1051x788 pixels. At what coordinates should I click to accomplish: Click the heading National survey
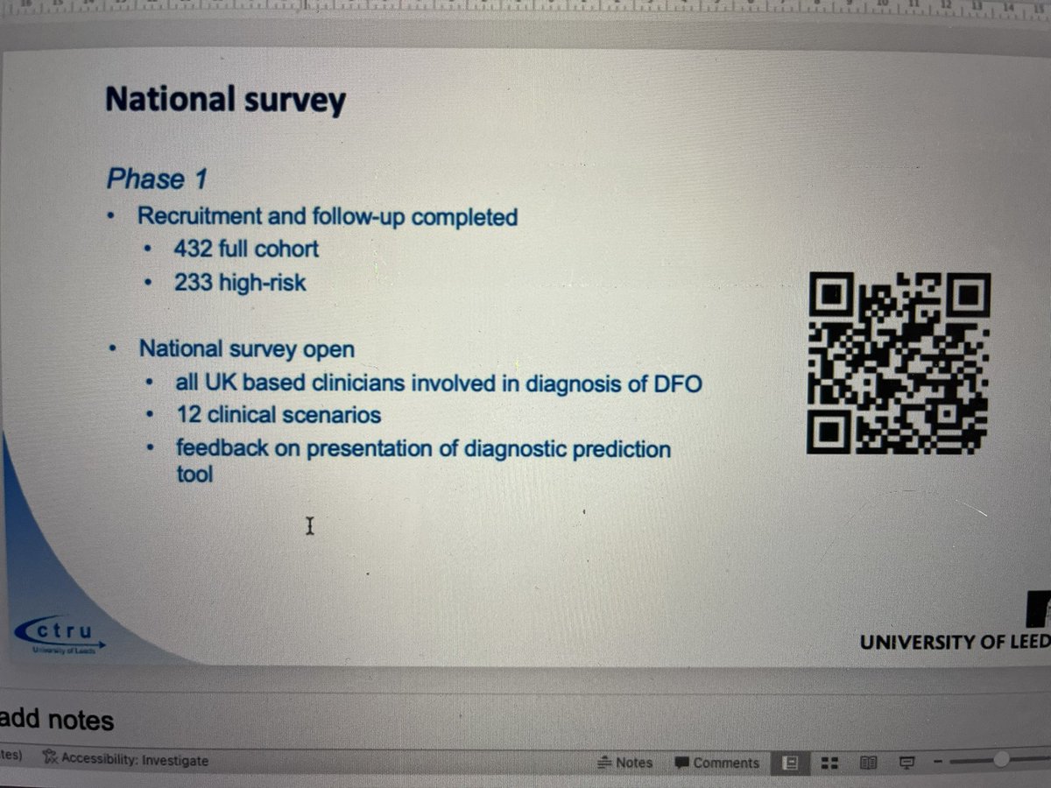coord(225,101)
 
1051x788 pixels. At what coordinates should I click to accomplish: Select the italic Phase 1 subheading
coord(157,179)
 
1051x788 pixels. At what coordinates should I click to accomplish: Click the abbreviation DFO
coord(679,383)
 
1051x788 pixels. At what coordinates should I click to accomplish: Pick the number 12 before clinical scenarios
coord(188,414)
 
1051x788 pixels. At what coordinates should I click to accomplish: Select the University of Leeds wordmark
coord(954,642)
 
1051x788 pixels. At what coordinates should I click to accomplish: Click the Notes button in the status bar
coord(625,763)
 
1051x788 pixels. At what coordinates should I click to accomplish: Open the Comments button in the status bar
coord(717,763)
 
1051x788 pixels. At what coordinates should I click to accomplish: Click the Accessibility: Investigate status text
coord(128,761)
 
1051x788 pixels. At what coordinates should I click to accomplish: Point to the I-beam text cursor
coord(309,525)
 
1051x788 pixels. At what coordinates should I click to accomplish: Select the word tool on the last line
coord(194,475)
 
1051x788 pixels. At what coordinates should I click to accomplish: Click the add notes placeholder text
coord(57,721)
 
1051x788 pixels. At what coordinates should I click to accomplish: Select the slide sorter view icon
coord(829,763)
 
